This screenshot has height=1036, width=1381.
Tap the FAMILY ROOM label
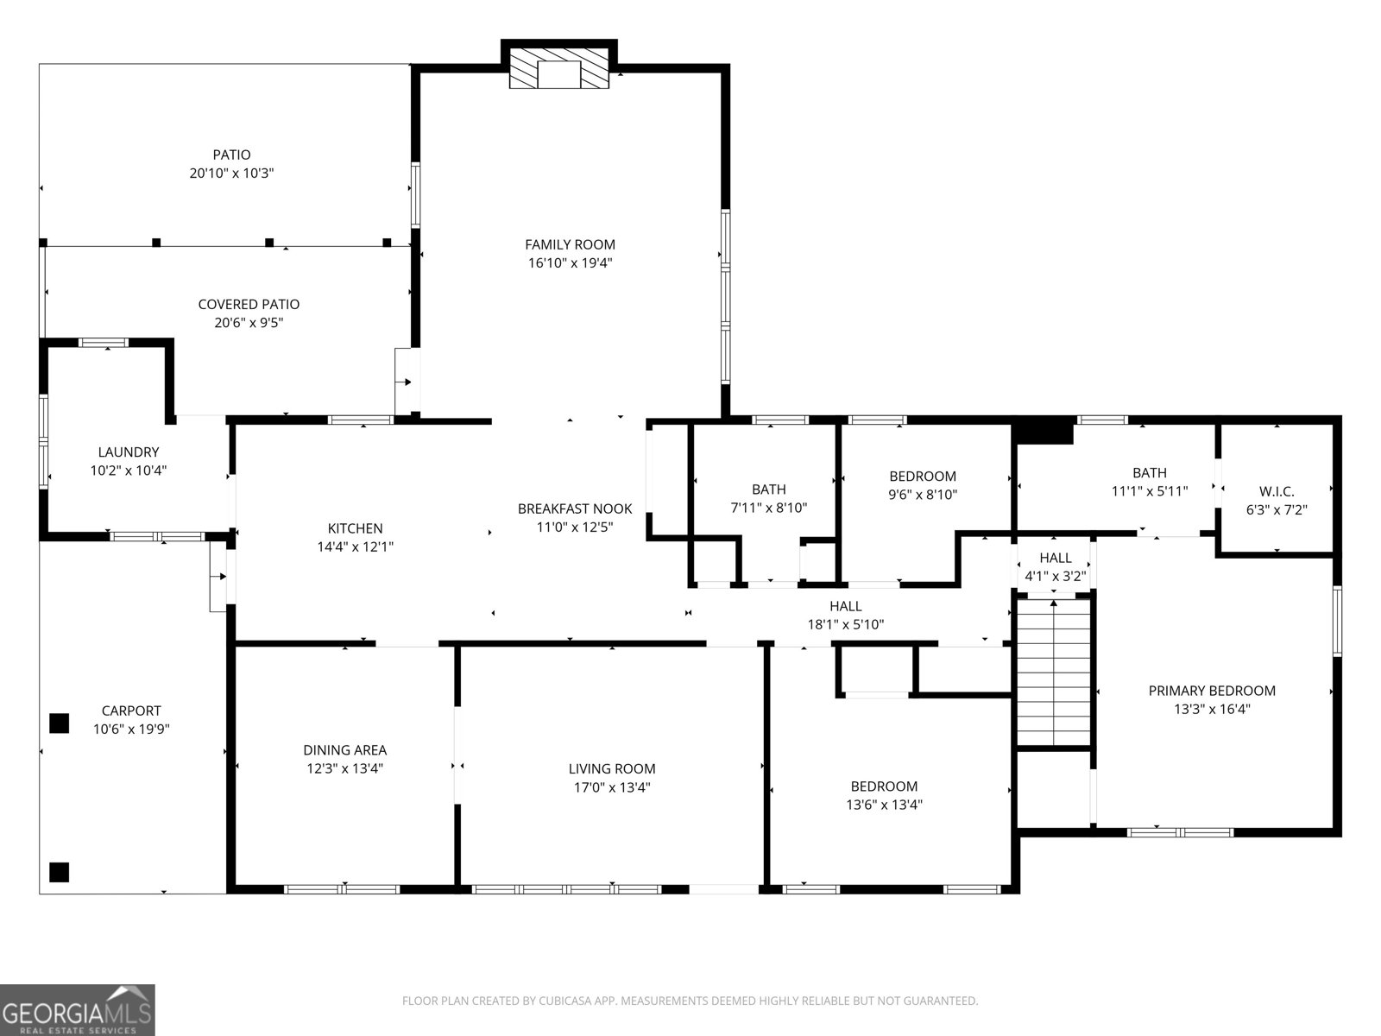point(570,244)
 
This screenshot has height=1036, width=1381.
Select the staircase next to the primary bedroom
point(1053,671)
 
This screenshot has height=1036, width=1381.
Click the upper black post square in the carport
point(59,723)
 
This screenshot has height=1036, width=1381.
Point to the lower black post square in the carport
point(59,872)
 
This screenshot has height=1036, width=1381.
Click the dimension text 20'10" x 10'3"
point(231,174)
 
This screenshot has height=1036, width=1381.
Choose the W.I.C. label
point(1276,491)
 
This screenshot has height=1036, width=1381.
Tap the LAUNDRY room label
point(128,452)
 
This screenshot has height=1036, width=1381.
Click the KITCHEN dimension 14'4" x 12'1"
point(355,546)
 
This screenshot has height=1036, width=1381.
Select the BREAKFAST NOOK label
point(574,509)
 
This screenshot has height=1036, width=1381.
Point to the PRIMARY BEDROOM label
point(1211,690)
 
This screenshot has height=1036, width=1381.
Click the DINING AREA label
point(344,750)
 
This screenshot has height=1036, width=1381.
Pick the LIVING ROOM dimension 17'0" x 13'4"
point(612,787)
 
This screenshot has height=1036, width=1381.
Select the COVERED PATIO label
point(249,304)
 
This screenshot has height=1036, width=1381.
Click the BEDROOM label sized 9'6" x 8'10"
point(922,476)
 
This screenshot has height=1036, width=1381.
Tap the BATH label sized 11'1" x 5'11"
point(1149,472)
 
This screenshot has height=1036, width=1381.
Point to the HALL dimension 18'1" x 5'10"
point(845,625)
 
